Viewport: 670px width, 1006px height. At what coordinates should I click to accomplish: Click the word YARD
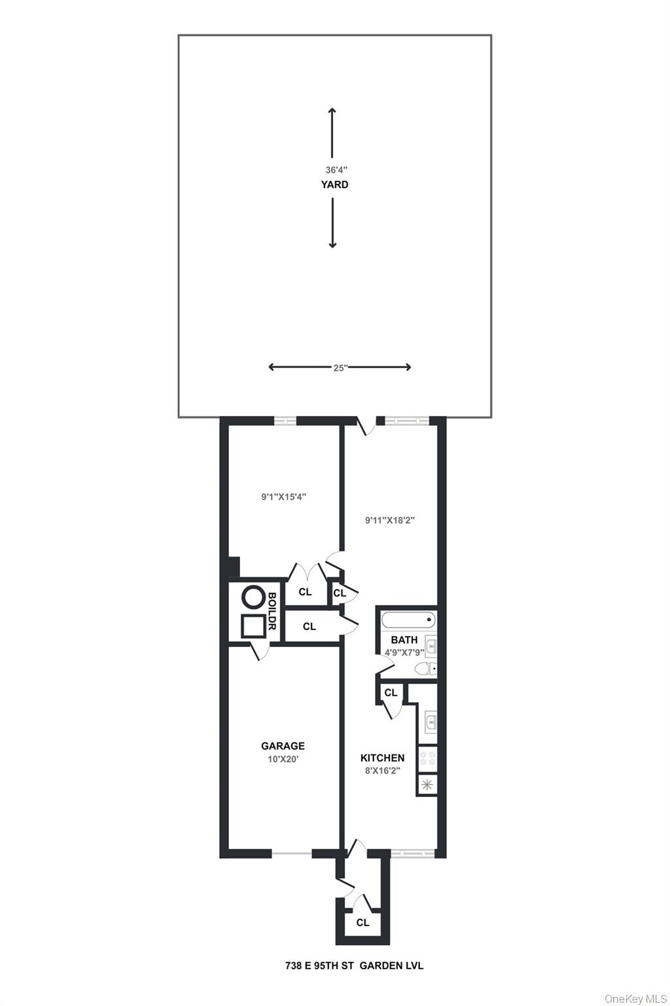pyautogui.click(x=334, y=185)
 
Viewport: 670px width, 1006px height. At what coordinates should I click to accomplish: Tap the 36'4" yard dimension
pyautogui.click(x=334, y=169)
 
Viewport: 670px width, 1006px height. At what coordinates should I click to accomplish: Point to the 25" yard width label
pyautogui.click(x=339, y=368)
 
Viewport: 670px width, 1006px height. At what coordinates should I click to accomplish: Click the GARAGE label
pyautogui.click(x=283, y=746)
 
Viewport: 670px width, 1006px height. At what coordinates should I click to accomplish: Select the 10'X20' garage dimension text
pyautogui.click(x=283, y=759)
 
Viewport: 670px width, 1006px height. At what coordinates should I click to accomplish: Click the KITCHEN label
pyautogui.click(x=382, y=758)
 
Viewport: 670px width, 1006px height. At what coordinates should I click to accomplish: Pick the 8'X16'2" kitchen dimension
pyautogui.click(x=382, y=771)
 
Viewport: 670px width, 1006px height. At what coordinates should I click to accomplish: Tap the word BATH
pyautogui.click(x=404, y=640)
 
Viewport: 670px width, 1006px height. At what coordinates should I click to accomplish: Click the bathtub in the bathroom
pyautogui.click(x=407, y=619)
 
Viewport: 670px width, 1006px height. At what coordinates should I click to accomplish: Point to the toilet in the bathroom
pyautogui.click(x=427, y=669)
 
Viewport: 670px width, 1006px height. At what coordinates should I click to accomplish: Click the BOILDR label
pyautogui.click(x=272, y=611)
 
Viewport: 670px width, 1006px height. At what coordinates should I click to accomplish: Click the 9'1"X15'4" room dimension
pyautogui.click(x=284, y=497)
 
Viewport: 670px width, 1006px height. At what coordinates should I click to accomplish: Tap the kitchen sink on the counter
pyautogui.click(x=430, y=722)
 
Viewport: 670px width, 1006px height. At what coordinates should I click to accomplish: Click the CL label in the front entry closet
pyautogui.click(x=362, y=923)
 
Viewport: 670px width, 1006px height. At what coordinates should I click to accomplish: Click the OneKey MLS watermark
pyautogui.click(x=635, y=998)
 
